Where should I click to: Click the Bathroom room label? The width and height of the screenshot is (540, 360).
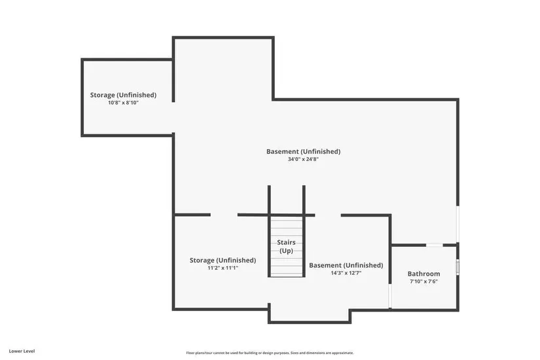(x=423, y=274)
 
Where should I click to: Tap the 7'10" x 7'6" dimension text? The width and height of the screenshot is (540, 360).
(x=423, y=281)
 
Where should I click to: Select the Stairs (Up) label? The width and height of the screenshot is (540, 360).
(x=286, y=247)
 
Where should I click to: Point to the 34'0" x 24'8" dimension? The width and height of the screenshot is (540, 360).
(x=304, y=159)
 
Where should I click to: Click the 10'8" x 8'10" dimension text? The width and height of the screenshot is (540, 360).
(x=123, y=103)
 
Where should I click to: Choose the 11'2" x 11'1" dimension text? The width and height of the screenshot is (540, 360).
(x=223, y=268)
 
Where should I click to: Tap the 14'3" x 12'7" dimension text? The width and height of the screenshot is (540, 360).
(x=346, y=273)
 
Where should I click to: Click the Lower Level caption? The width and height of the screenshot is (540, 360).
(x=22, y=351)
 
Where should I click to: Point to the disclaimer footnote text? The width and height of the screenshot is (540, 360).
(x=270, y=353)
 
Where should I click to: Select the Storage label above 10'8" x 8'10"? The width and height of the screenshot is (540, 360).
(x=123, y=95)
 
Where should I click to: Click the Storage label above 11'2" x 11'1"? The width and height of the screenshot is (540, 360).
(x=223, y=261)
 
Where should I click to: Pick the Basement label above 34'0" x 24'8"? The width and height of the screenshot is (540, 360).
(x=304, y=152)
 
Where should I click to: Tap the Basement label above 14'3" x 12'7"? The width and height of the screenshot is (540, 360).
(x=346, y=265)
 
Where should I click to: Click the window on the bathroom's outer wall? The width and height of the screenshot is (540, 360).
(x=458, y=267)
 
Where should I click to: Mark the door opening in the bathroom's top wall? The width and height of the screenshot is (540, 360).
(x=434, y=245)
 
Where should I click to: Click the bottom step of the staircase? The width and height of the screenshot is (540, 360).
(x=286, y=275)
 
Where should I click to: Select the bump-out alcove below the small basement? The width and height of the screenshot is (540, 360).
(x=309, y=315)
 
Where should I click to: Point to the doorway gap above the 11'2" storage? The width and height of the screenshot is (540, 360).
(x=224, y=215)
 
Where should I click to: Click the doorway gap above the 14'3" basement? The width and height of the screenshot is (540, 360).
(x=328, y=215)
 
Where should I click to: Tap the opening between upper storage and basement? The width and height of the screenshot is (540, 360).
(x=173, y=117)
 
